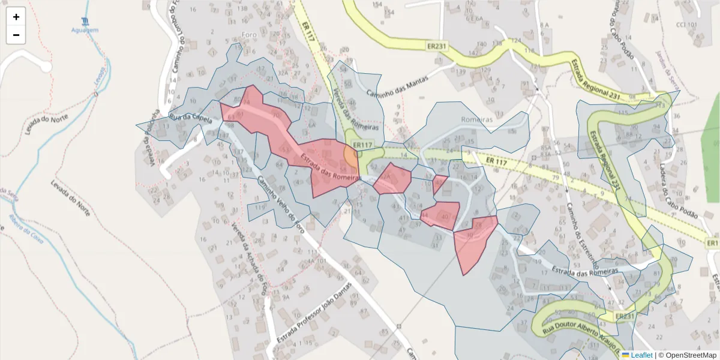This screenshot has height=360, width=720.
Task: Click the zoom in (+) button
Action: point(16,17)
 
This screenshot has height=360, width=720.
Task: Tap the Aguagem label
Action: point(85,30)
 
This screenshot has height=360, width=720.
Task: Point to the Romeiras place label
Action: point(476,119)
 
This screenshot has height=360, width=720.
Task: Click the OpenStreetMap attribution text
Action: point(687,355)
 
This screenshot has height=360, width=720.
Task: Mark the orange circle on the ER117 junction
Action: point(352,157)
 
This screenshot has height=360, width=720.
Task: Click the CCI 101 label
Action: point(686,25)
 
